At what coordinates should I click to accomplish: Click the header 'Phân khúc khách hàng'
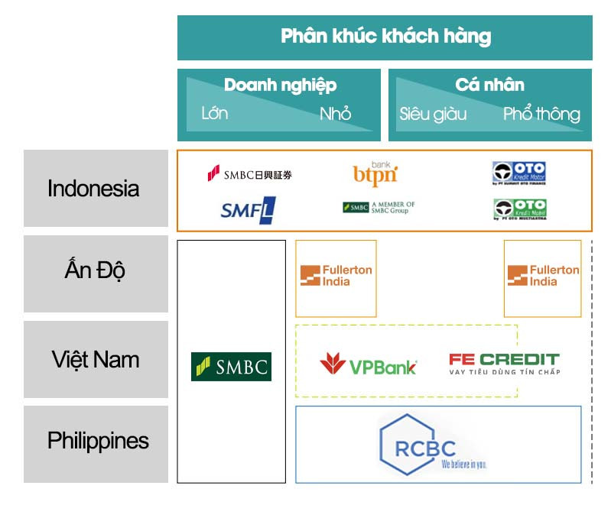tap(385, 36)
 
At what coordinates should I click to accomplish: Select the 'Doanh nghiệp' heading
tap(280, 86)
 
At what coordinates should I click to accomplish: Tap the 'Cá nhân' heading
tap(489, 86)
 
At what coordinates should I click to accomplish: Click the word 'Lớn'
tap(214, 114)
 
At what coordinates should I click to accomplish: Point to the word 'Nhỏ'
tap(335, 114)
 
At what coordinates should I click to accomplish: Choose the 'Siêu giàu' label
tap(433, 115)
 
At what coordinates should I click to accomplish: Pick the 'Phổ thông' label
tap(541, 115)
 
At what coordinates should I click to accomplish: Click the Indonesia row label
tap(94, 188)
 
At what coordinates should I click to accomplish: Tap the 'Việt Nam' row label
tap(95, 358)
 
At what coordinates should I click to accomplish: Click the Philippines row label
tap(97, 441)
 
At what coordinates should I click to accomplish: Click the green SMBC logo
tap(231, 367)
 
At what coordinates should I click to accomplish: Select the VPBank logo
tap(368, 365)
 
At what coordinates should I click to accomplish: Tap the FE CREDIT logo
tap(504, 363)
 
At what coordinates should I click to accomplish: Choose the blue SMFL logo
tap(248, 209)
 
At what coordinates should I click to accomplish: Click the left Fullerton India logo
tap(336, 276)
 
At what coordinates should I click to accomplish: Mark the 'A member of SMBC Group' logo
tap(379, 207)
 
